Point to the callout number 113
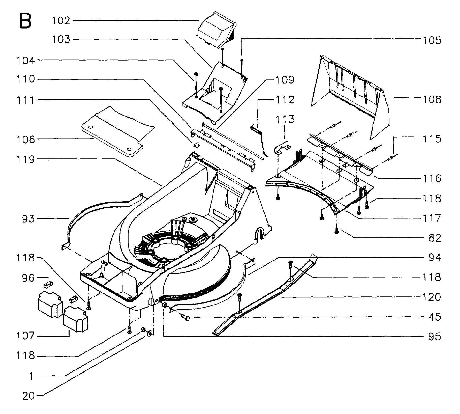pyautogui.click(x=285, y=119)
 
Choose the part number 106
pyautogui.click(x=26, y=139)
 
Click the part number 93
pyautogui.click(x=28, y=219)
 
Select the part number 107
pyautogui.click(x=26, y=336)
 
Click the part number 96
pyautogui.click(x=28, y=278)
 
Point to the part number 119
pyautogui.click(x=26, y=159)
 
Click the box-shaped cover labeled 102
pyautogui.click(x=217, y=30)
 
